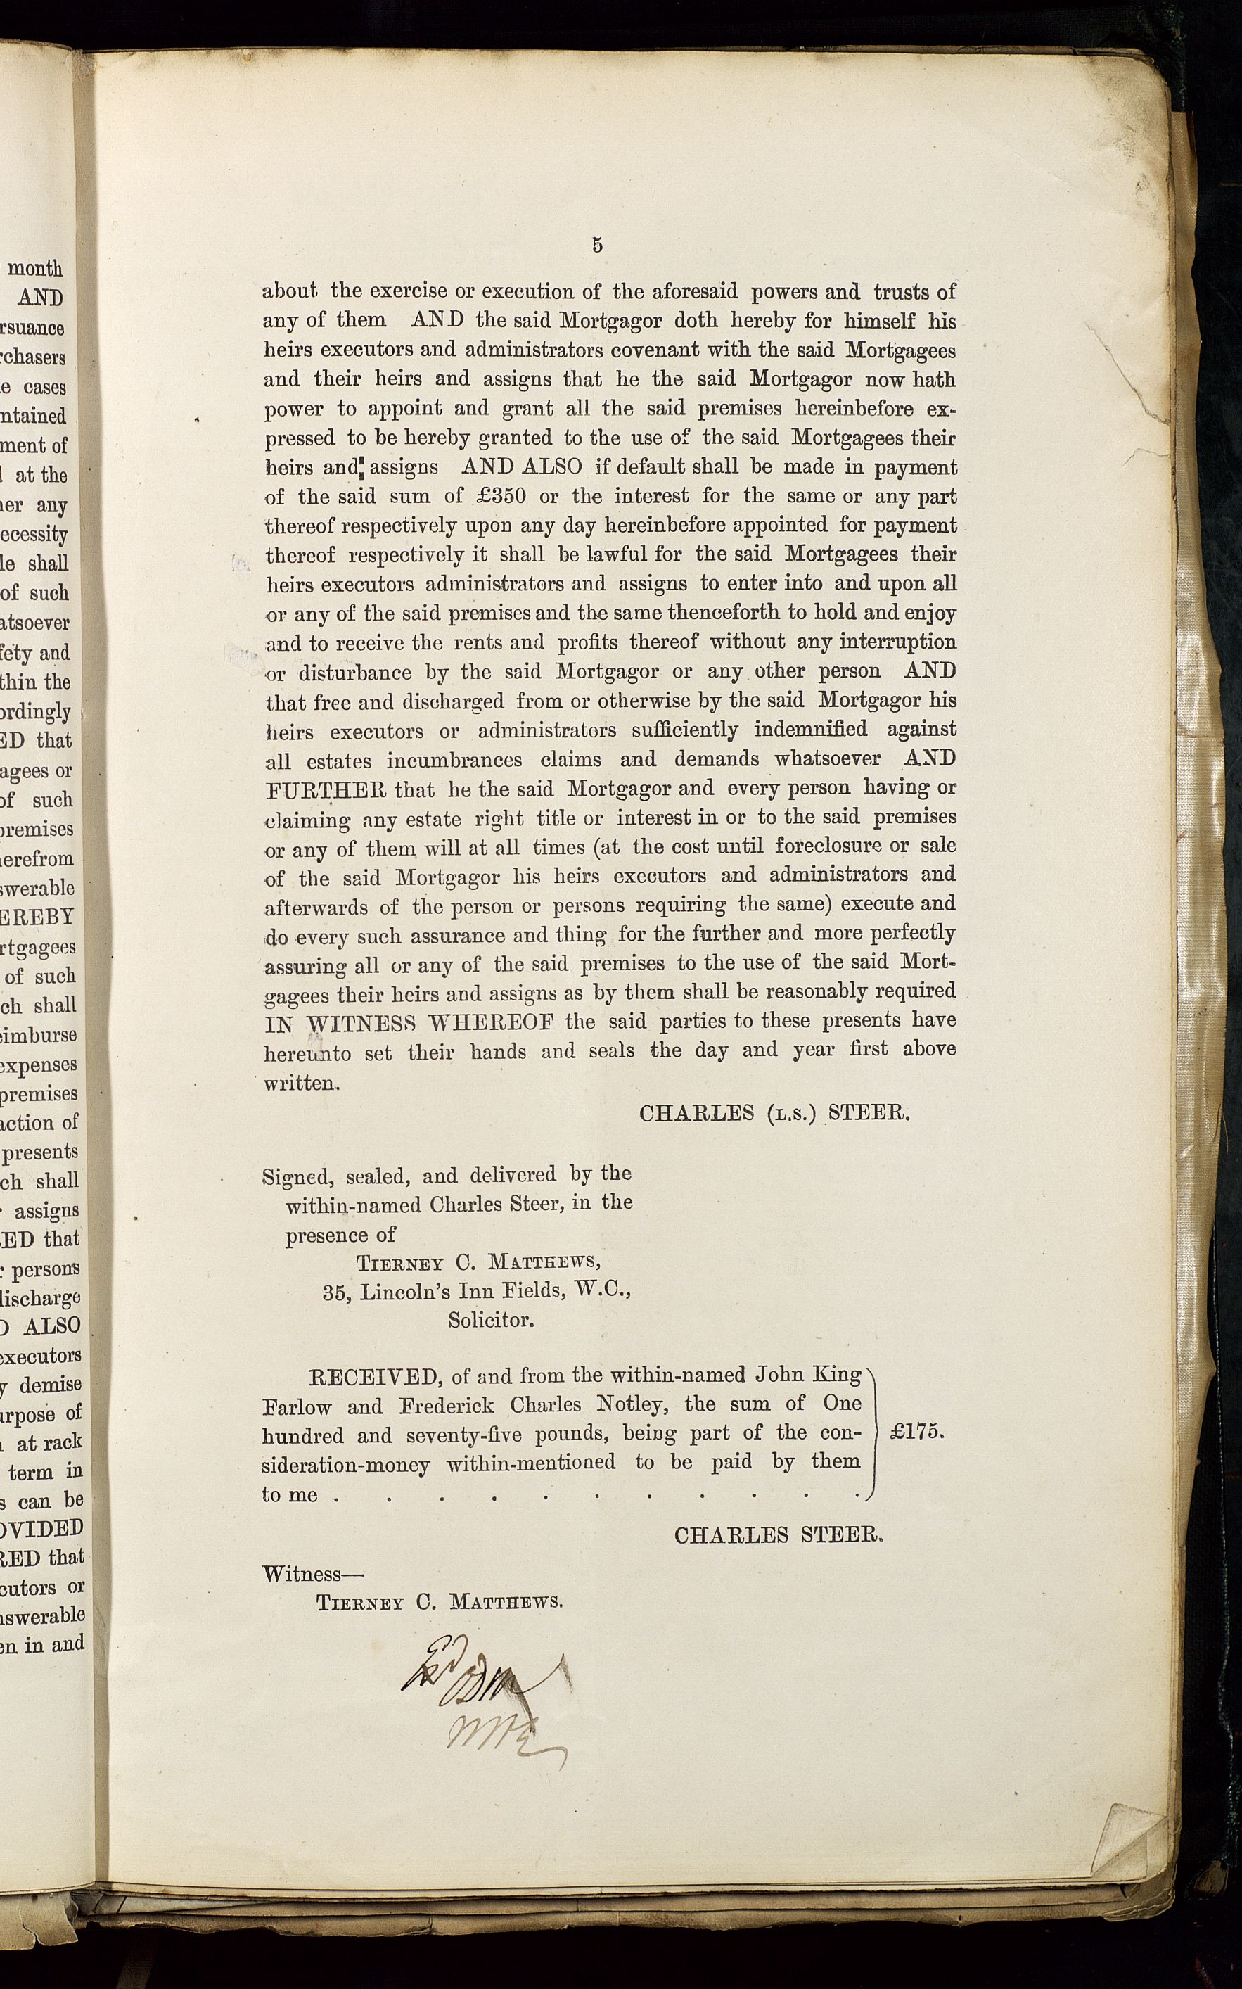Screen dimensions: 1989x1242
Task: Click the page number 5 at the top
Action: point(597,244)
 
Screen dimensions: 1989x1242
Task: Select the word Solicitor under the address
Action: point(490,1320)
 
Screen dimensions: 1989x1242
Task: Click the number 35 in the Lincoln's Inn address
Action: point(334,1292)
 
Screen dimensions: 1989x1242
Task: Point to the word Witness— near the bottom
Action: point(313,1574)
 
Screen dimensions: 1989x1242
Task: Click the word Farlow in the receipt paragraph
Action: point(297,1406)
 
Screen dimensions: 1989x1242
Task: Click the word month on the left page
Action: point(35,268)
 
